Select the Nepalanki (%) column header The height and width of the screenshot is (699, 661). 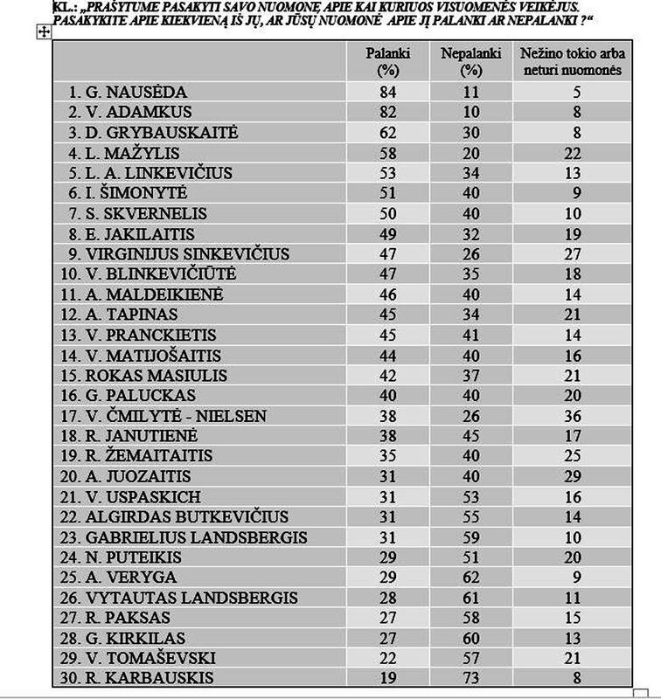(470, 62)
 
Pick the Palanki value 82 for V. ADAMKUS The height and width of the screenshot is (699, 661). (381, 112)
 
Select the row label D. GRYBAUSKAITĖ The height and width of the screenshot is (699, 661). (157, 132)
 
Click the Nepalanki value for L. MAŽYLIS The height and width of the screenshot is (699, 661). (471, 153)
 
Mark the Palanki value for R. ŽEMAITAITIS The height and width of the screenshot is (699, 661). (381, 456)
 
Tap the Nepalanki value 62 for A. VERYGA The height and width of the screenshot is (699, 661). (471, 578)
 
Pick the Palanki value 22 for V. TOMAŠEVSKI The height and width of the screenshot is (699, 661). (381, 658)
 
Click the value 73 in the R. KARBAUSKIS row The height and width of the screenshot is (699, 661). (471, 678)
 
